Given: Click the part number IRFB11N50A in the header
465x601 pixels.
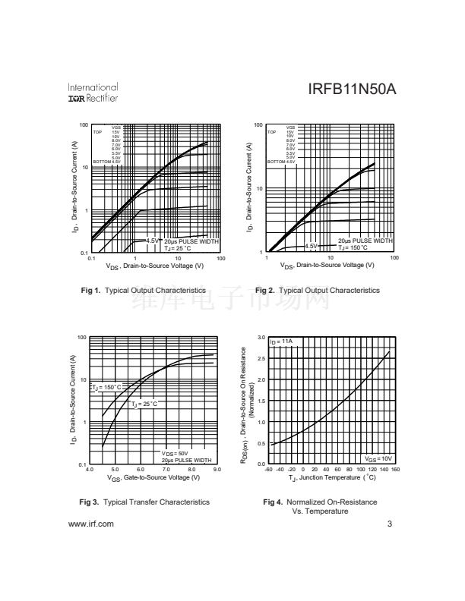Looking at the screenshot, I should [352, 90].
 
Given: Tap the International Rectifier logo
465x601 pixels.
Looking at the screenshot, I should [93, 93].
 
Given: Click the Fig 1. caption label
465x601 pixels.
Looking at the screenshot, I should [90, 291].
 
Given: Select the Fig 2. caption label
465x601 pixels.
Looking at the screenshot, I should [265, 291].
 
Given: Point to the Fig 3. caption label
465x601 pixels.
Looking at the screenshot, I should [90, 502].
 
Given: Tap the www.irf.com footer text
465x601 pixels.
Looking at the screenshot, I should [91, 524].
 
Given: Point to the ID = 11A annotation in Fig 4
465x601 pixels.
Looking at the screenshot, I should [283, 341].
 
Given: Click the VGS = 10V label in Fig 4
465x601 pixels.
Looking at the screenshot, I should [378, 458].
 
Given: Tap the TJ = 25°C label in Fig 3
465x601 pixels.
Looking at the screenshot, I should [144, 404].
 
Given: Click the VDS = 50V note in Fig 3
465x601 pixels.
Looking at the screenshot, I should [176, 453].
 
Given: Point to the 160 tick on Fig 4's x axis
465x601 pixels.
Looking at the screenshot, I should [395, 470].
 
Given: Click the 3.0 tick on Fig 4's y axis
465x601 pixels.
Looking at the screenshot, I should [261, 337].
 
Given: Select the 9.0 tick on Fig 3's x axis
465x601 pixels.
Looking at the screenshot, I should [217, 470].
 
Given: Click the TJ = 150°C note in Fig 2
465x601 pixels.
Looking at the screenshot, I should [353, 247].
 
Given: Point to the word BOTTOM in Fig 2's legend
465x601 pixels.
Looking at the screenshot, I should [276, 162].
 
